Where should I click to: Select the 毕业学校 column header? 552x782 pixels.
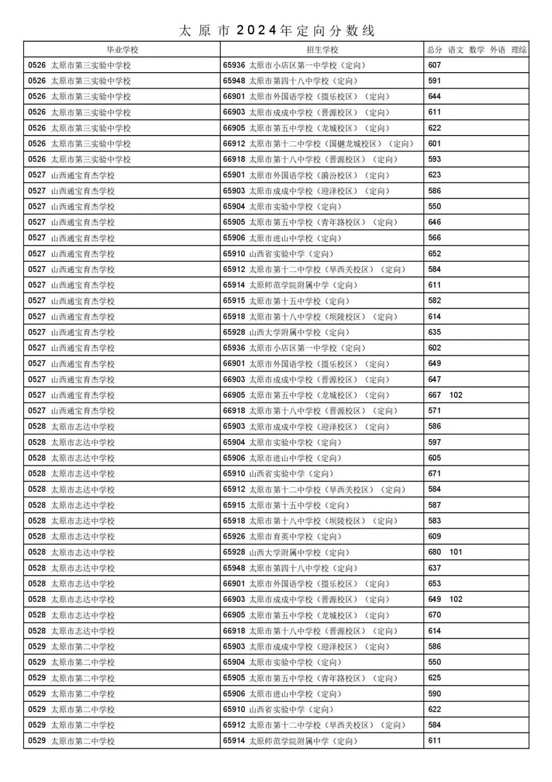point(122,50)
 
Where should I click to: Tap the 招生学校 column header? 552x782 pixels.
point(322,50)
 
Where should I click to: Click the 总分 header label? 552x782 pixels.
point(434,50)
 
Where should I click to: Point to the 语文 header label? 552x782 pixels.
point(455,50)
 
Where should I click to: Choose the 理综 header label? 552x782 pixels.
point(519,50)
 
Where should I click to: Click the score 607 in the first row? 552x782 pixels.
point(434,65)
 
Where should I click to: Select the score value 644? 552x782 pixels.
point(434,96)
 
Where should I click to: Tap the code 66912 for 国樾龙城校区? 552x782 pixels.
point(234,144)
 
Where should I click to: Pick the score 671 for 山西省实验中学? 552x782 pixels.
point(434,473)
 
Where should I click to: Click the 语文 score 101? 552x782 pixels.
point(455,552)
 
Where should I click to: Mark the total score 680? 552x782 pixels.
point(434,552)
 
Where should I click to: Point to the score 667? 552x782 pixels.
point(434,395)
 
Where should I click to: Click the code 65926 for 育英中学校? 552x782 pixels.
point(234,536)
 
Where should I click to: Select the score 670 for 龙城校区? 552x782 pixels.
point(434,615)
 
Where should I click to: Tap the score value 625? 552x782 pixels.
point(434,678)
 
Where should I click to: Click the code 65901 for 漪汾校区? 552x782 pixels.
point(234,175)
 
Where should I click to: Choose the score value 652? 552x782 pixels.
point(434,253)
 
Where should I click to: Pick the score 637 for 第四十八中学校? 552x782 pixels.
point(434,568)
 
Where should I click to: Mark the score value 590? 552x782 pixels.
point(434,693)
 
